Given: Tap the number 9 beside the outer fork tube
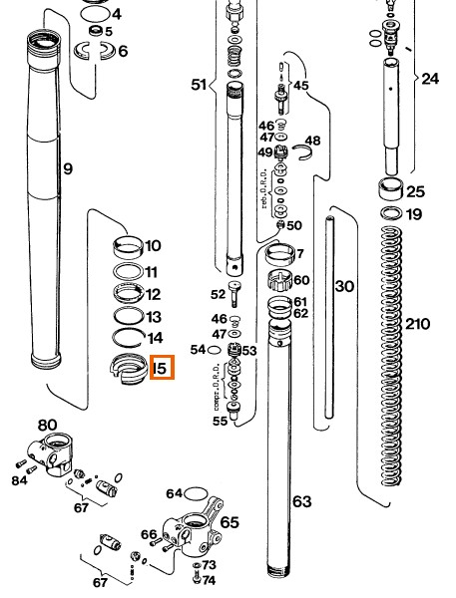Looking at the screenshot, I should (67, 169).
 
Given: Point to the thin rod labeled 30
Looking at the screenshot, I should (331, 319).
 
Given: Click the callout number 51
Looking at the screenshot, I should (198, 84).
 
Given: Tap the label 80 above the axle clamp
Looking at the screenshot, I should (47, 426).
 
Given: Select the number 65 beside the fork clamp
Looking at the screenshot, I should (229, 521).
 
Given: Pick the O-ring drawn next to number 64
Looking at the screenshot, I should (197, 491).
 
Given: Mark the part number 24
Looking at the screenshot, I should (429, 78).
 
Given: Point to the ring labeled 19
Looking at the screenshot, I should (390, 213).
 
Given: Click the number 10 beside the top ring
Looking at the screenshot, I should (153, 245).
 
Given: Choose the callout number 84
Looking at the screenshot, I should (19, 480).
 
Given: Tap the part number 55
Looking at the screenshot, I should (220, 422).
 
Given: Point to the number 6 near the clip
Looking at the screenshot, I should (123, 51).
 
